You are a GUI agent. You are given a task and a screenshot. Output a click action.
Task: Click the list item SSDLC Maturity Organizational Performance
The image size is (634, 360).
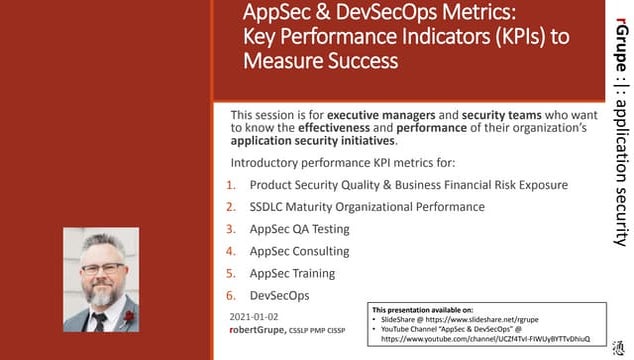point(367,207)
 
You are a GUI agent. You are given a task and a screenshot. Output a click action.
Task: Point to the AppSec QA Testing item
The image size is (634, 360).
point(299,229)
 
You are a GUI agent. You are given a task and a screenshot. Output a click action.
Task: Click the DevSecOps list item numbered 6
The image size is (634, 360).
point(281,295)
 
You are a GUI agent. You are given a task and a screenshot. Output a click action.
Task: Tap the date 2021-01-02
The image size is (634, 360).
point(255,315)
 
